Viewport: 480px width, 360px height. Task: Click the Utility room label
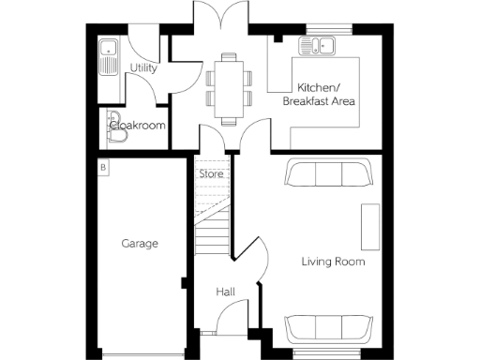143,68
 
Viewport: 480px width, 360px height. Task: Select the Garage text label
139,244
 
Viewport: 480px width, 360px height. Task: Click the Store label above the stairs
210,172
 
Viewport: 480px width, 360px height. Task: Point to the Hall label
225,292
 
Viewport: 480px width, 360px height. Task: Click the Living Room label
333,262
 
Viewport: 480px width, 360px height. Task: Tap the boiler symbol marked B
103,167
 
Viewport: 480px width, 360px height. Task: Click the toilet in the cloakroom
116,136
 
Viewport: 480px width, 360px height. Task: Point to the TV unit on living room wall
371,226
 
